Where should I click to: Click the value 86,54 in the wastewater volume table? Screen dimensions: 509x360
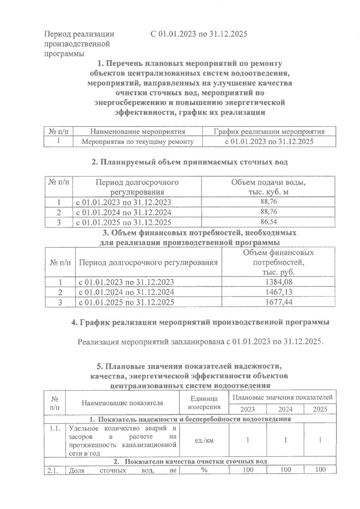click(268, 222)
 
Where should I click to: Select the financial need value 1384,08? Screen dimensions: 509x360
click(279, 282)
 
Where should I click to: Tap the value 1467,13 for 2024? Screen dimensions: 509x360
click(279, 292)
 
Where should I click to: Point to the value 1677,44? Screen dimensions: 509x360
click(279, 302)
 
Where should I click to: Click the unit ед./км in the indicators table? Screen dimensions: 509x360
click(204, 440)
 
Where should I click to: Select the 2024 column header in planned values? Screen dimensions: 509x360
click(285, 409)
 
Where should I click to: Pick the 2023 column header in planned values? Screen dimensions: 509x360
click(247, 409)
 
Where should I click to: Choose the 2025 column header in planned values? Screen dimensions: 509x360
click(320, 409)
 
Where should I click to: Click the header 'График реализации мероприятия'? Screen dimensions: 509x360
click(269, 132)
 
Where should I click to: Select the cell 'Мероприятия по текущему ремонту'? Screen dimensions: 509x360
click(138, 141)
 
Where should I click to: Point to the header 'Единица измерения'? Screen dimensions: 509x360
click(204, 403)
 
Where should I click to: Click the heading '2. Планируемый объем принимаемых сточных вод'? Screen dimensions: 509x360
click(189, 162)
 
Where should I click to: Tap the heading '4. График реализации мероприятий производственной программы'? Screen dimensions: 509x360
click(200, 322)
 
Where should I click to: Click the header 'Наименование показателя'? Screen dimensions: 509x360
click(122, 403)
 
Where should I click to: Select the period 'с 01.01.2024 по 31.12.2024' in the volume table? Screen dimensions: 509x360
click(123, 212)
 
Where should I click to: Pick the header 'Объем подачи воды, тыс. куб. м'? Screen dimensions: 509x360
click(268, 187)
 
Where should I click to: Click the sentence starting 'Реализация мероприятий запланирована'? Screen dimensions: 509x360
click(200, 342)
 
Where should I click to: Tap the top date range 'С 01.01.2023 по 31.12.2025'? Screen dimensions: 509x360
click(199, 34)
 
